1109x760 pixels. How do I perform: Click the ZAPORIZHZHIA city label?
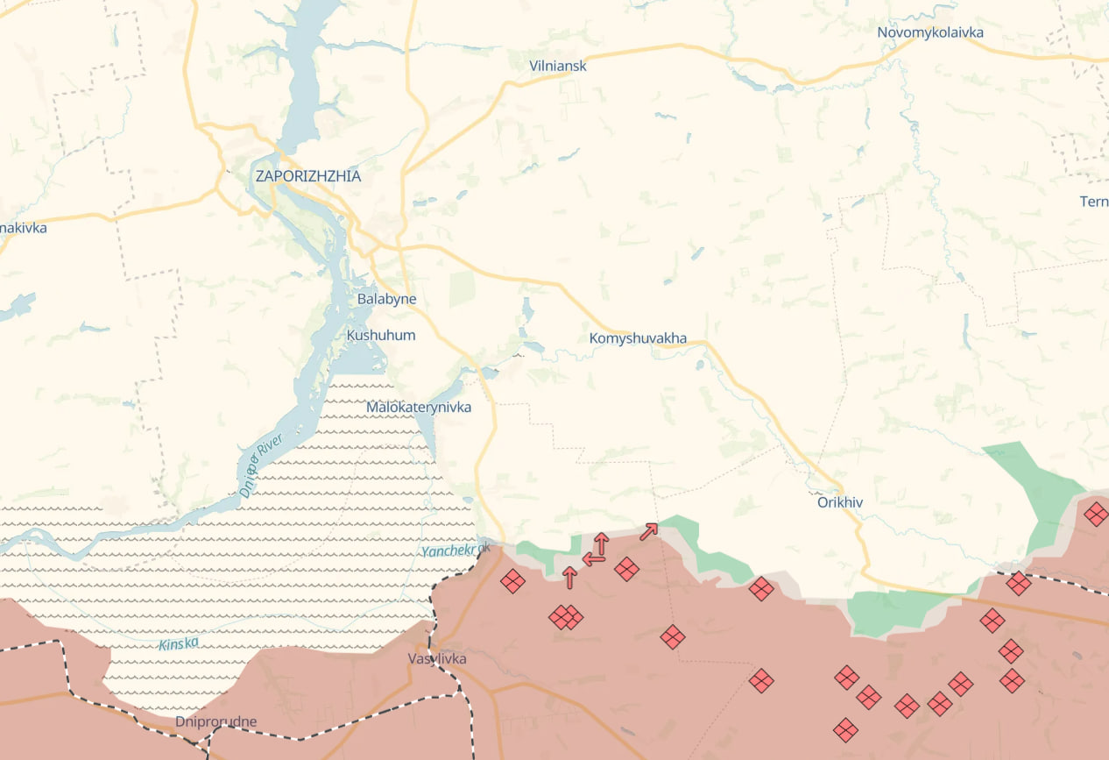coord(307,176)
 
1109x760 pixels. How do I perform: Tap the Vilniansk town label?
coord(557,66)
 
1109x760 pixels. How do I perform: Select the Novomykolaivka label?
coord(929,32)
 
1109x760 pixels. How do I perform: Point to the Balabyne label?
coord(386,299)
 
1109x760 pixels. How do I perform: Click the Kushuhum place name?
coord(381,335)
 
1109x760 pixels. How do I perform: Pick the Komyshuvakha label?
coord(638,338)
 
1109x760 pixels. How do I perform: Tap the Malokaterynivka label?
coord(418,407)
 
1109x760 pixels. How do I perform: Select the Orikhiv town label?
coord(839,502)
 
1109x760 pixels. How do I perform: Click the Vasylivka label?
coord(437,658)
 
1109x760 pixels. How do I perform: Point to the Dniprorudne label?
coord(215,721)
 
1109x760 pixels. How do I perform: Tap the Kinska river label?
coord(179,643)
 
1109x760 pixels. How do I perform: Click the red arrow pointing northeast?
coord(648,531)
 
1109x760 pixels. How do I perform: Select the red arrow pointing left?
coord(592,558)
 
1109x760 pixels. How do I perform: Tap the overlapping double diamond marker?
coord(565,617)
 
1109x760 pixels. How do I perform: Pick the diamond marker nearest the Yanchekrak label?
coord(512,580)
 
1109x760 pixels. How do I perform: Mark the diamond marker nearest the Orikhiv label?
coord(761,588)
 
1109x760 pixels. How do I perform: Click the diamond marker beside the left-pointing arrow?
coord(626,569)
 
